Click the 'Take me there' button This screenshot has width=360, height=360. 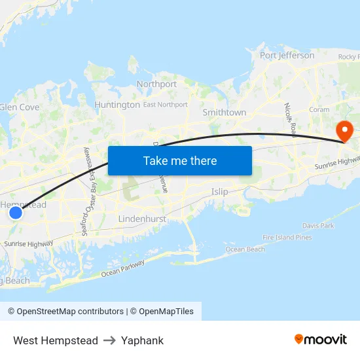point(180,160)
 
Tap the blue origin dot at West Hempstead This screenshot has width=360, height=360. point(16,213)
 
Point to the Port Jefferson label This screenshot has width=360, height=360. point(287,56)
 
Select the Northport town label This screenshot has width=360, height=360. point(156,84)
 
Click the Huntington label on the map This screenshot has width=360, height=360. point(117,105)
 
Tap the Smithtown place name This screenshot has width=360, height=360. point(225,113)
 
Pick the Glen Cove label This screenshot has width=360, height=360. point(20,107)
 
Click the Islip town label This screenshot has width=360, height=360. point(220,192)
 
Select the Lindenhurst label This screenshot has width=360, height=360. point(142,218)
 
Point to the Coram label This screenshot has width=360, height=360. point(319,110)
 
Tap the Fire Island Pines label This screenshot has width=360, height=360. point(287,237)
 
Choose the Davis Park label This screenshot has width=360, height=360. point(319,226)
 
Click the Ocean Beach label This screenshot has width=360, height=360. point(245,249)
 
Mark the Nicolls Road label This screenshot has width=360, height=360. point(290,118)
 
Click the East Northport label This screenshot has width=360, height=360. point(166,104)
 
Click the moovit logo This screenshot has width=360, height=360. point(321,340)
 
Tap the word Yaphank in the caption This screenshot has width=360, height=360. point(142,340)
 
